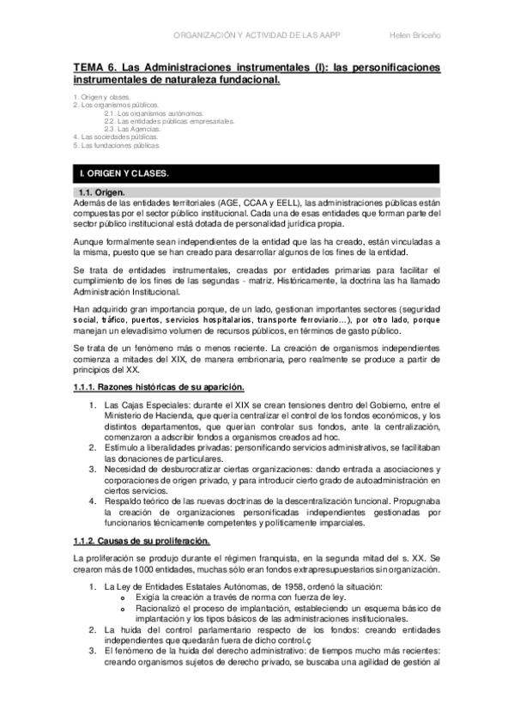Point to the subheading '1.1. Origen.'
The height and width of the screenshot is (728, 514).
coord(100,191)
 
